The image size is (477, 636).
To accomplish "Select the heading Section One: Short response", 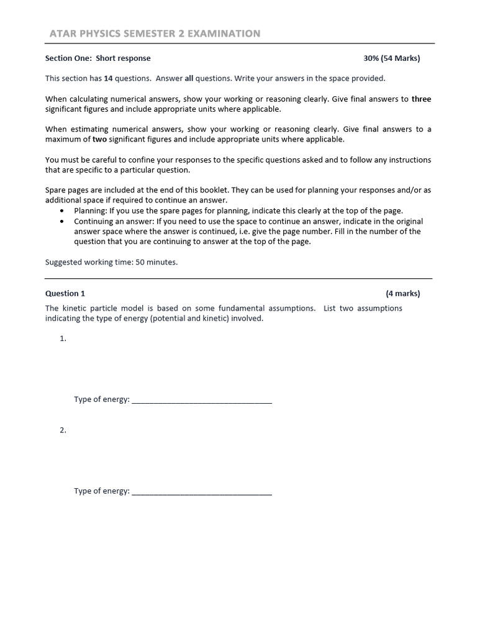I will [x=98, y=58].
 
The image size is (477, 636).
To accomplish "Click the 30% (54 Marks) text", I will [x=391, y=58].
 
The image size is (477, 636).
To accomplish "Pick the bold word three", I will [x=421, y=99].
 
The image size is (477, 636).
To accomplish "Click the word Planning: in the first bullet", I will [x=90, y=211].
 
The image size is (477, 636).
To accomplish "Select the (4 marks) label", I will [x=402, y=293].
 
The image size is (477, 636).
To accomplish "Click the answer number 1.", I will [x=63, y=338].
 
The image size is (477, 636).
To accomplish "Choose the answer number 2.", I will [x=63, y=430].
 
